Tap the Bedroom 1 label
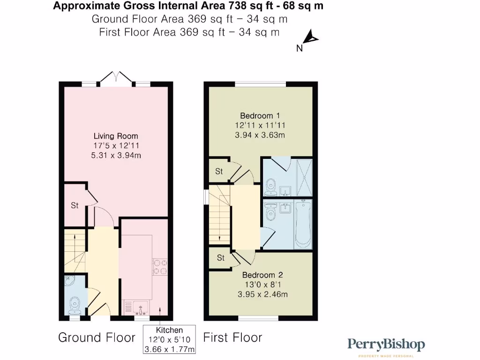pos(260,116)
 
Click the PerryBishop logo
pos(386,345)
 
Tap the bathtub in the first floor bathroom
pos(303,225)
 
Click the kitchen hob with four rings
pos(160,267)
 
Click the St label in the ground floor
pos(75,205)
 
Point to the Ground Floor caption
pos(97,337)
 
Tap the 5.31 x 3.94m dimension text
pos(115,155)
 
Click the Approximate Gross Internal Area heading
pos(187,7)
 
